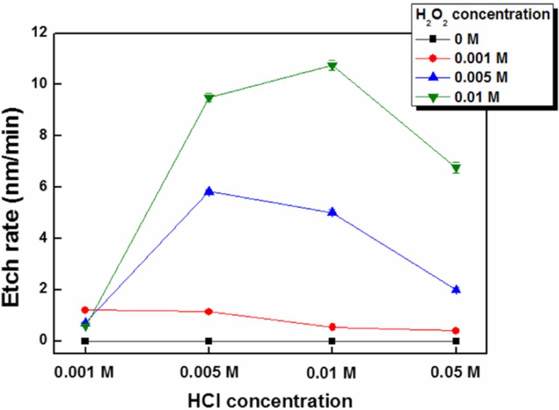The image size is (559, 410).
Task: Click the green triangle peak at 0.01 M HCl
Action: pos(332,66)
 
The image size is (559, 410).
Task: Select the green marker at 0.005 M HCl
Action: pos(209,98)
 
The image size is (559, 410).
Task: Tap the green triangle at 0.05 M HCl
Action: pos(456,168)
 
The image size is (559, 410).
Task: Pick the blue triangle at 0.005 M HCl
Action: pos(209,191)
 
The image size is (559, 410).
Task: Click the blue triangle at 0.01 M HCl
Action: pos(332,212)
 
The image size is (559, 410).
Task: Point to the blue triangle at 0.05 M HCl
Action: pos(456,289)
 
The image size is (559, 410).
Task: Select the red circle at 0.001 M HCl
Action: pos(85,310)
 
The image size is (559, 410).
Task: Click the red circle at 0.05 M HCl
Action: pos(456,330)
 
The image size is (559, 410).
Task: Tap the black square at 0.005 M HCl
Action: pos(209,341)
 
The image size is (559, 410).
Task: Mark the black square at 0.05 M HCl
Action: pos(456,341)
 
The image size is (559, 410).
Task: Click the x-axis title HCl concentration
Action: pos(270,400)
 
